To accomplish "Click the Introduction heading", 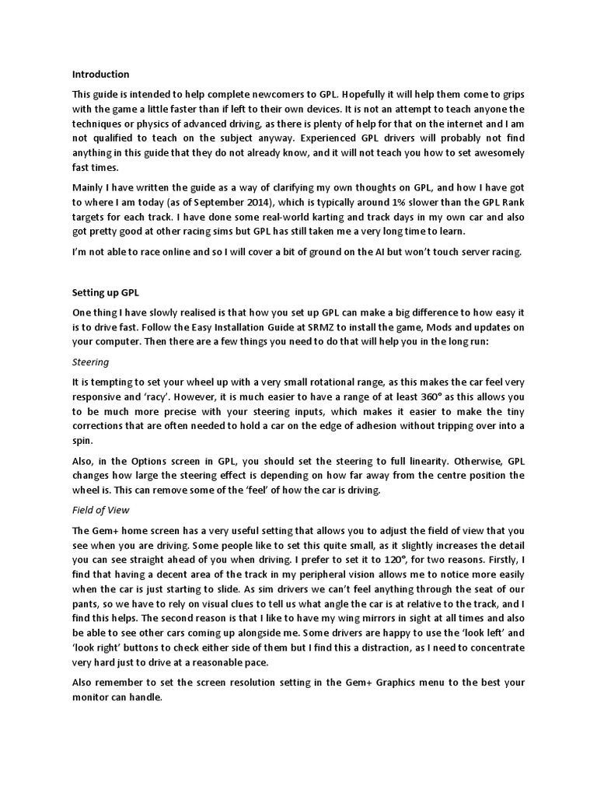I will coord(101,75).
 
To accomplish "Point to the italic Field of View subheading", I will coord(100,510).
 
